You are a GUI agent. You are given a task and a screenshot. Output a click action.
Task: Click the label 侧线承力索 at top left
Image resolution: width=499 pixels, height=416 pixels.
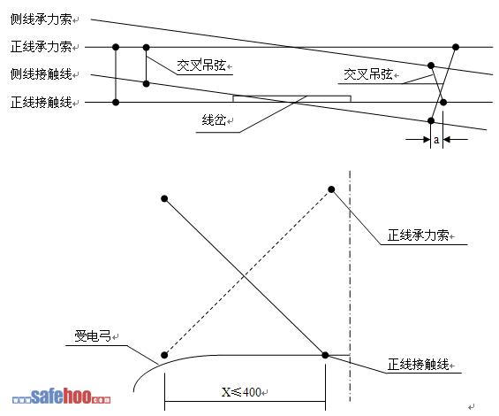coord(41,19)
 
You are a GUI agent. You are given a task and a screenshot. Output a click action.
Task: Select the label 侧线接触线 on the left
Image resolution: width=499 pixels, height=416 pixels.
coord(41,74)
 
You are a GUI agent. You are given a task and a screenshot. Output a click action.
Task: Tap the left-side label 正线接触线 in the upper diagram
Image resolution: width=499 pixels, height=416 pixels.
coord(41,102)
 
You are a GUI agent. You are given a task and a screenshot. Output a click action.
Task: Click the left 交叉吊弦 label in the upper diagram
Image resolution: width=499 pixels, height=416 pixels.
coord(201,65)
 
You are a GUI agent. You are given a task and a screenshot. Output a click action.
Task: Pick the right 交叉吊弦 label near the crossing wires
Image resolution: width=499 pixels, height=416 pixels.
coord(368,74)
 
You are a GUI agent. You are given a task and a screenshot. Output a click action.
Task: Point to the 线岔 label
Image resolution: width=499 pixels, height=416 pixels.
coord(214,120)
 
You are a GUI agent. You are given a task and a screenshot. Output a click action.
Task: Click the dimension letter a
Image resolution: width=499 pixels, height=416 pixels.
coord(436,140)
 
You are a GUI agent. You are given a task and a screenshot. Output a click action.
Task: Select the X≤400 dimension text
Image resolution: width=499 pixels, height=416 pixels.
coord(241,392)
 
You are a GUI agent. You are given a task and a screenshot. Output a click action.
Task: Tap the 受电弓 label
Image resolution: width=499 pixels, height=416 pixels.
coord(93,336)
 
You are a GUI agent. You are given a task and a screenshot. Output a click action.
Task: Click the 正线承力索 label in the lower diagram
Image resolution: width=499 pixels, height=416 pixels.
coord(418,235)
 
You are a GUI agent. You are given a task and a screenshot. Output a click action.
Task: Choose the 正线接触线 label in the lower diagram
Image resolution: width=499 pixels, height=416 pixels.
coord(418,365)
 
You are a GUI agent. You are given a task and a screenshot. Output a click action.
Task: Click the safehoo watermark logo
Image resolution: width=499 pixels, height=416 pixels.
coord(62,396)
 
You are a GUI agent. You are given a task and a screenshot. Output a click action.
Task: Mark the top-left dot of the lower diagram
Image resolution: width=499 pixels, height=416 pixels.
coord(164,199)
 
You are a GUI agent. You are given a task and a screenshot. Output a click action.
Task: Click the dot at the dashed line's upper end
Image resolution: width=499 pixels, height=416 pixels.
coord(331,189)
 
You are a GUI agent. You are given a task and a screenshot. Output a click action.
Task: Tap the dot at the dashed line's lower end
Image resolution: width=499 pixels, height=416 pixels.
coord(164,355)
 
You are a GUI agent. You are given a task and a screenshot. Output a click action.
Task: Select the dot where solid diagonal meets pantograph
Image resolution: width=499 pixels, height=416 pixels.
coord(325,355)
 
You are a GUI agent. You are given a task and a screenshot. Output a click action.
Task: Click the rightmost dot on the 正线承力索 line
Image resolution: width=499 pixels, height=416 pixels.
coord(456,47)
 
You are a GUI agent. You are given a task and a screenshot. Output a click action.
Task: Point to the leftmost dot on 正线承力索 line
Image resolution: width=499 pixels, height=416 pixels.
coord(116,47)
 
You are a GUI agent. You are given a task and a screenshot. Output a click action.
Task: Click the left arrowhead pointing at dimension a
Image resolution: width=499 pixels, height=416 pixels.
coord(427,140)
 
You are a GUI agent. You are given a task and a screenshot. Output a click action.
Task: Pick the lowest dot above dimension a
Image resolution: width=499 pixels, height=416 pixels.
coord(431,120)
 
